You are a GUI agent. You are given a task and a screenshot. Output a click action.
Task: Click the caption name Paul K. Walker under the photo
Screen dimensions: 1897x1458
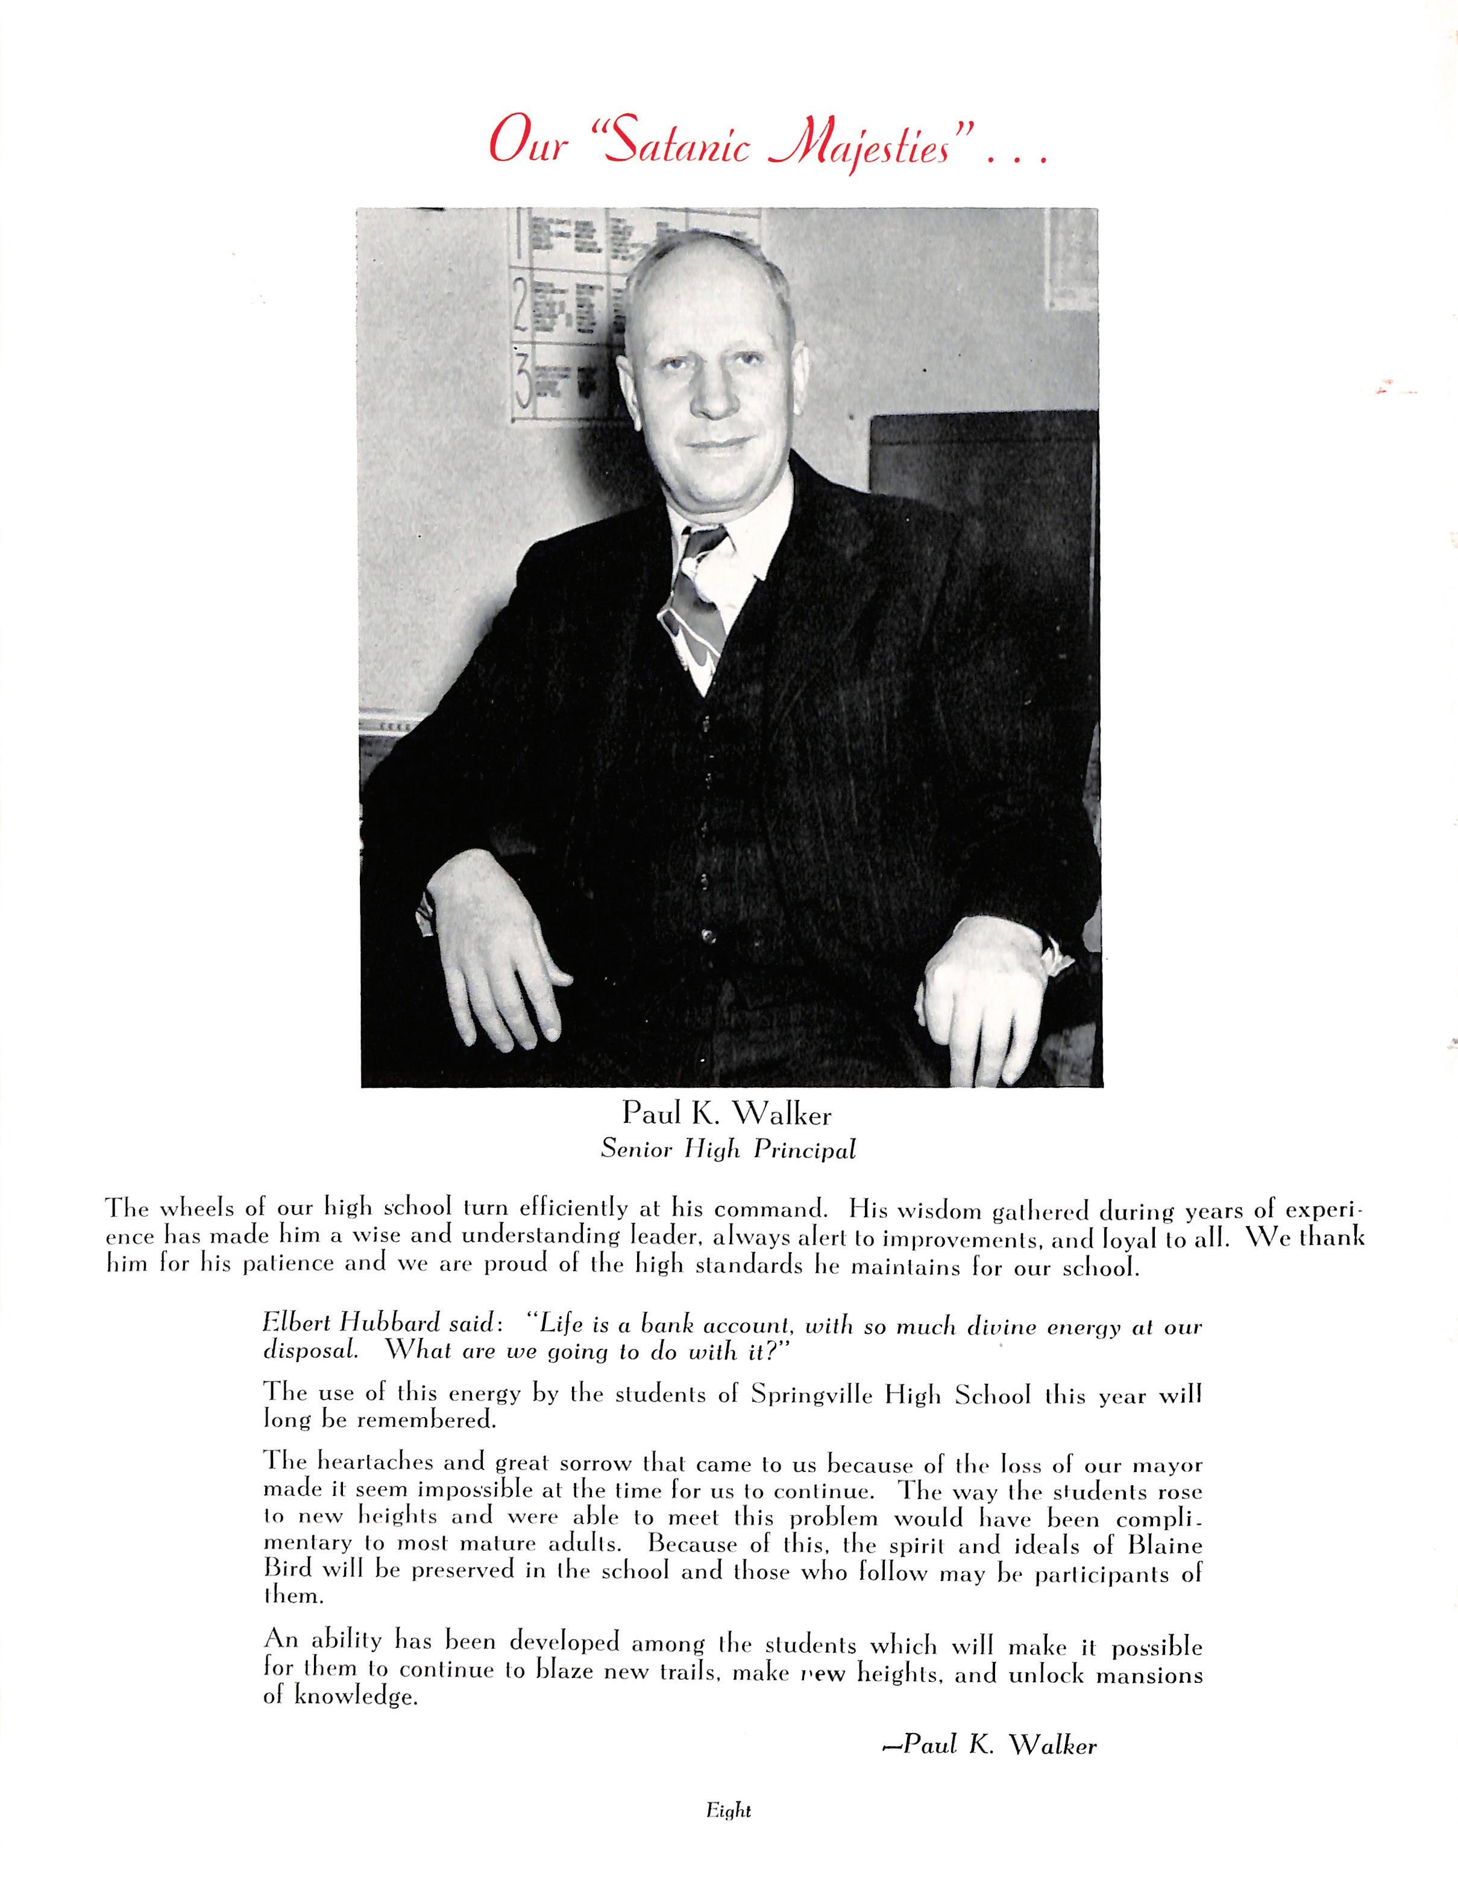(727, 1114)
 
